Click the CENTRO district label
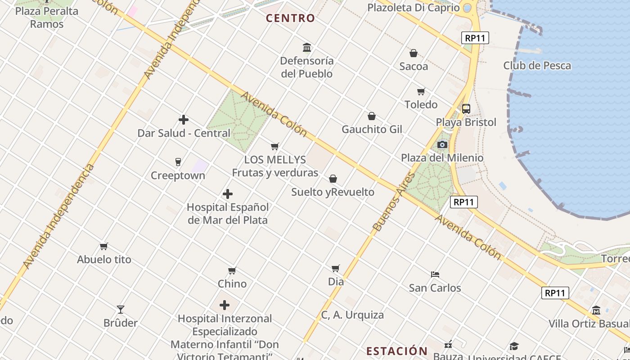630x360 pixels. click(x=290, y=18)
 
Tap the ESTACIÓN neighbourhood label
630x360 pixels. click(x=396, y=351)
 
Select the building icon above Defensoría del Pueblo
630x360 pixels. click(x=307, y=47)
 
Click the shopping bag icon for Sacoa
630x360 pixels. click(x=414, y=53)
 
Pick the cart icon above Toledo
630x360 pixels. click(x=421, y=91)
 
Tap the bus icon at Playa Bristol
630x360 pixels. click(x=466, y=109)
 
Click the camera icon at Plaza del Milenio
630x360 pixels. click(x=442, y=144)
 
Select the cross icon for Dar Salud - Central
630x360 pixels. click(x=184, y=120)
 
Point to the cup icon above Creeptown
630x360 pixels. click(x=178, y=162)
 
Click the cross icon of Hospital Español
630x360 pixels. click(x=228, y=194)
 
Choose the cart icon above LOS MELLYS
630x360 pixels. click(x=275, y=146)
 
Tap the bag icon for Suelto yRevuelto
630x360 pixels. click(x=333, y=179)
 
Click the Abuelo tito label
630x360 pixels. click(x=104, y=260)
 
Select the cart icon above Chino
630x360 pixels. click(x=232, y=270)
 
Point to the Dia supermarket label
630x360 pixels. click(x=336, y=282)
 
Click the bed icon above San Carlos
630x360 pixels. click(x=435, y=274)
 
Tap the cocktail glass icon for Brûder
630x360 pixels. click(x=121, y=309)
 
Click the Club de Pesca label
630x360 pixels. click(x=537, y=66)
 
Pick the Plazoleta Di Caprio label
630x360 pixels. click(x=414, y=8)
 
